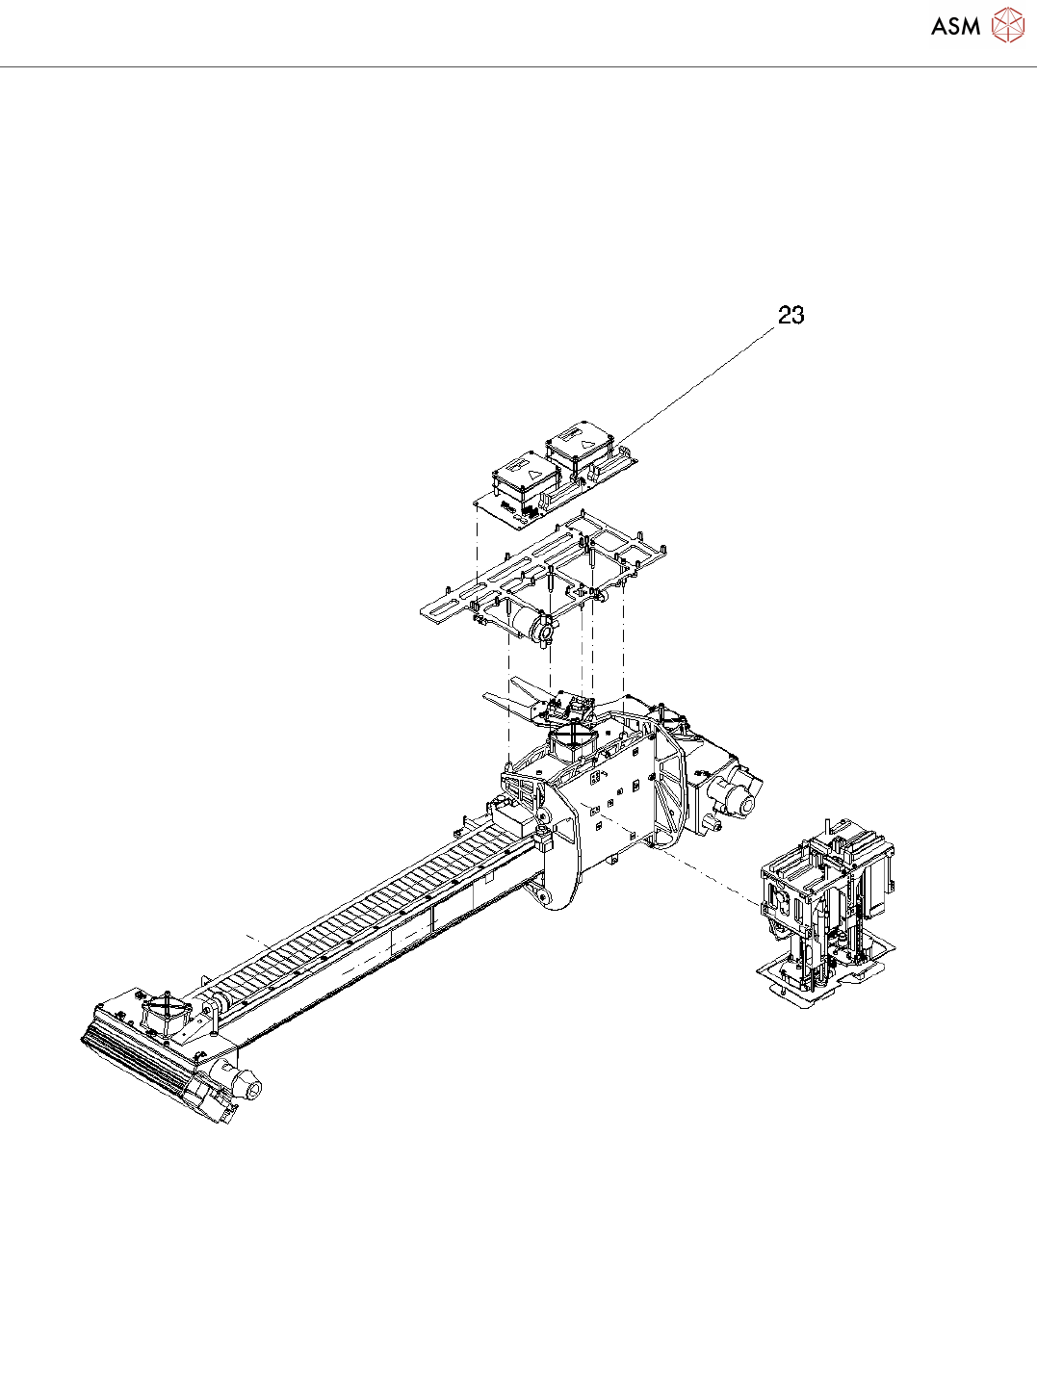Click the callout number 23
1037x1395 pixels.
[x=791, y=315]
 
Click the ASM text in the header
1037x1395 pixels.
[x=956, y=26]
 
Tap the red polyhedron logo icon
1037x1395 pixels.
[x=1008, y=25]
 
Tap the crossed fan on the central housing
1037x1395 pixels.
[x=573, y=739]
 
